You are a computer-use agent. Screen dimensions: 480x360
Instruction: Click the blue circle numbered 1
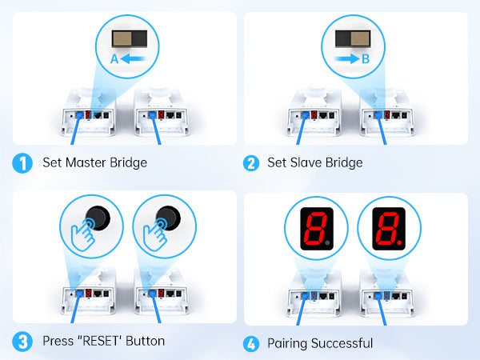22,163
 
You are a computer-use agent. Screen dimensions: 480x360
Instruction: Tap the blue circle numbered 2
251,163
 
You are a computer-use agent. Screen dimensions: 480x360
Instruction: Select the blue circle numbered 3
22,342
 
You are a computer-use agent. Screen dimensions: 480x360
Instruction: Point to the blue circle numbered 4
251,344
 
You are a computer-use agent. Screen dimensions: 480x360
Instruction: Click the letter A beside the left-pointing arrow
114,59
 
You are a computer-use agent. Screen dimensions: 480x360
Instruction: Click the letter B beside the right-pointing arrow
366,59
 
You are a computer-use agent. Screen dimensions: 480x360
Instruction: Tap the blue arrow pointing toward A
134,58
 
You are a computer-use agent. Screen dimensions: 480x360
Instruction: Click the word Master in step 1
86,162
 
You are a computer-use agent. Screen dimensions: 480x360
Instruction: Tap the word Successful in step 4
342,343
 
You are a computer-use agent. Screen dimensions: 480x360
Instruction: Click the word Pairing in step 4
287,344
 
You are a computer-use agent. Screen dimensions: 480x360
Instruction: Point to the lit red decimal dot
399,242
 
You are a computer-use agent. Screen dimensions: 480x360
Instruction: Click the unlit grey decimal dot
327,242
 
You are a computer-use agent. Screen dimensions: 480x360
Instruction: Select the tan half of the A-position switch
122,38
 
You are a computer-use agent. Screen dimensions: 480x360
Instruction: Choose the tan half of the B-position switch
360,38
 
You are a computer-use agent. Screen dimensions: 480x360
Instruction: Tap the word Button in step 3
145,341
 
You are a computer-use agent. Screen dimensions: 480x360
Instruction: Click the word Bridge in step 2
344,163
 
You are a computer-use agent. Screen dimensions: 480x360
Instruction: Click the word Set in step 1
52,162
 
